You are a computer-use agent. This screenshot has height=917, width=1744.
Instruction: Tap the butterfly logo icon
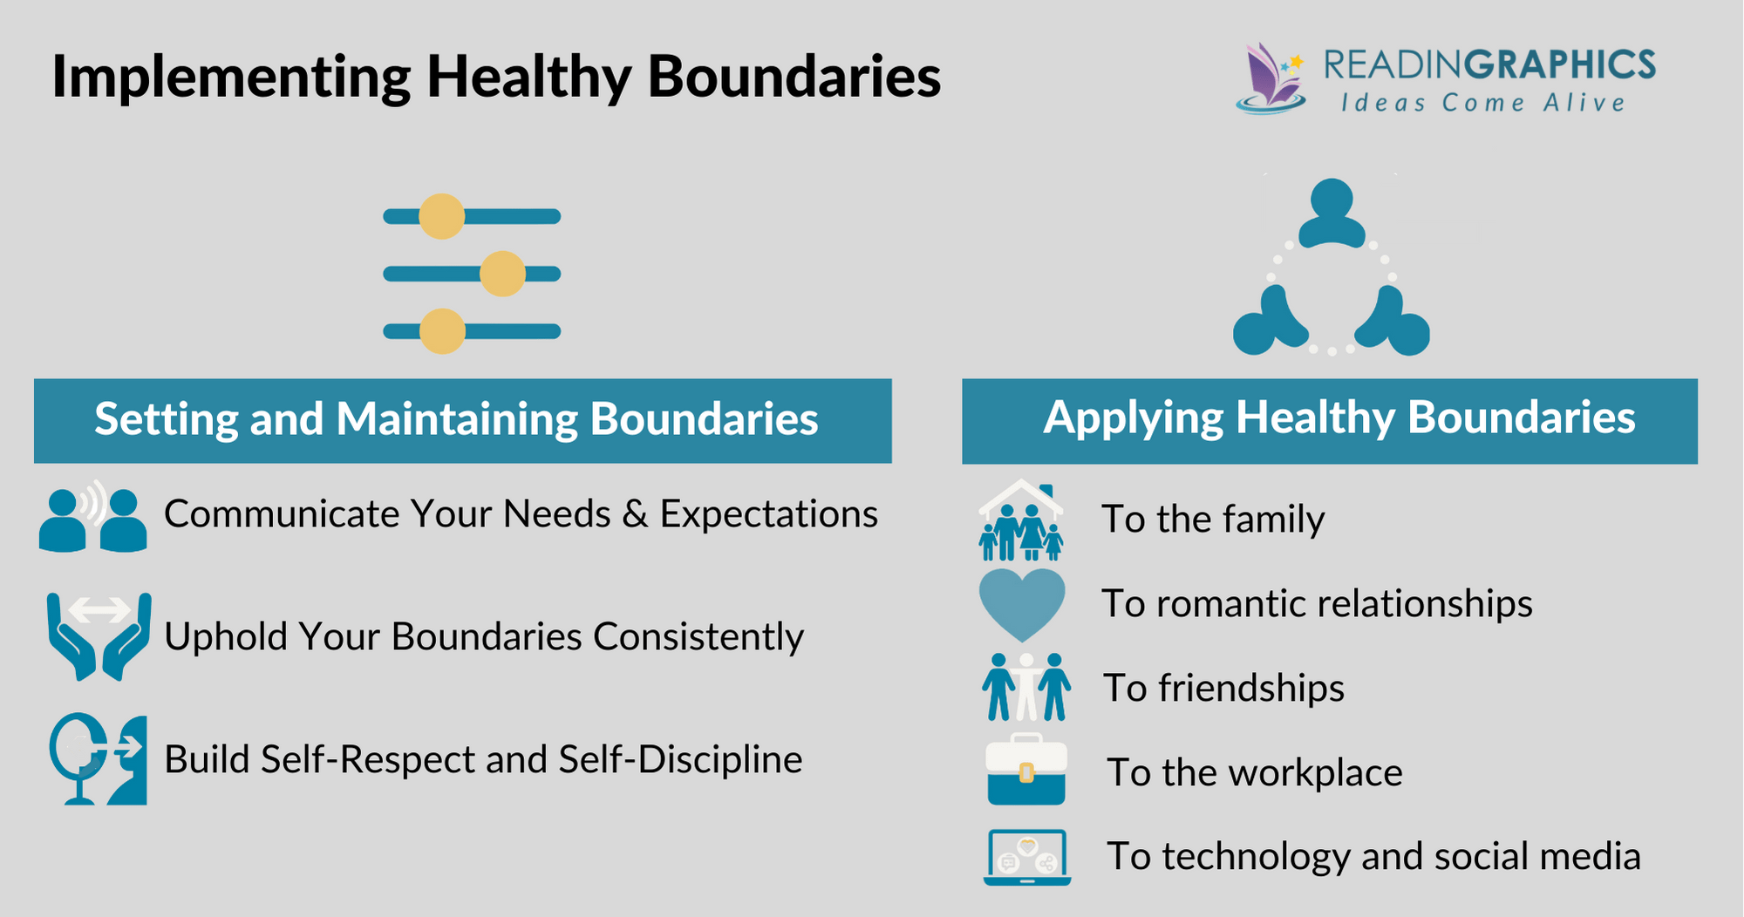1271,78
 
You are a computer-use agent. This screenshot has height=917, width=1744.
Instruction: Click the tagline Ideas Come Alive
1482,103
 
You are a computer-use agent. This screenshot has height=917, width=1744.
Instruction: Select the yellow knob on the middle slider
502,274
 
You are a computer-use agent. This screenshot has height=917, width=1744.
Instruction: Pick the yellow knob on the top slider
442,216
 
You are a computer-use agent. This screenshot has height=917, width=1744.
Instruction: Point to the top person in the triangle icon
1332,213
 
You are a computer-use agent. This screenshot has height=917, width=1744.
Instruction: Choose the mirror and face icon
98,759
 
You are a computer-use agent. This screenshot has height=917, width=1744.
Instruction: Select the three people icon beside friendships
1025,687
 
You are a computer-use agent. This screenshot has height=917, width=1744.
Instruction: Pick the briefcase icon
1025,771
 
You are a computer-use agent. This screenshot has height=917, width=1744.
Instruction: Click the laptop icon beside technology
1027,857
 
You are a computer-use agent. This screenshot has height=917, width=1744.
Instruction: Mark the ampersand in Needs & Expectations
636,514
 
